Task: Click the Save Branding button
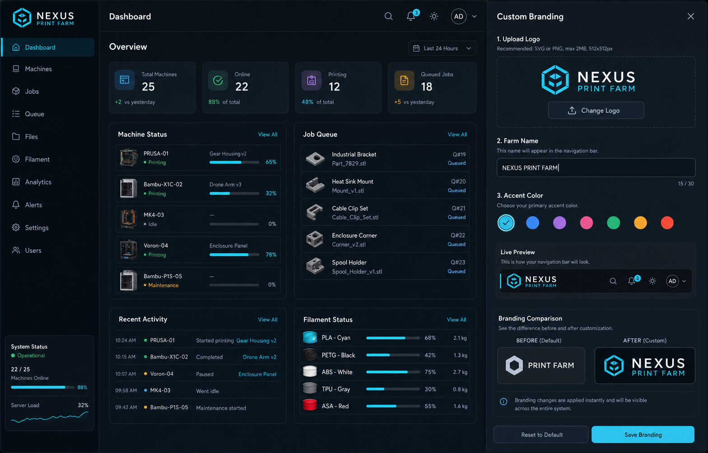coord(643,434)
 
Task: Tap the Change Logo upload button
coord(596,110)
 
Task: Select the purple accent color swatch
coord(559,223)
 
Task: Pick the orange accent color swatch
coord(640,223)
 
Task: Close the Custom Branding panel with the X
coord(691,16)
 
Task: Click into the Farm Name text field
coord(596,168)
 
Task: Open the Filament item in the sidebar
coord(37,159)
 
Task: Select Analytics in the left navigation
coord(38,182)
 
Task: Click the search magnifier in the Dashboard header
coord(388,16)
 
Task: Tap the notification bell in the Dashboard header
coord(410,16)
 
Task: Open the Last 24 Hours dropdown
coord(442,48)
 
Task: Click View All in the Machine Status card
coord(268,134)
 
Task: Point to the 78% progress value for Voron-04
coord(271,254)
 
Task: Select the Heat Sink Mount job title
coord(352,182)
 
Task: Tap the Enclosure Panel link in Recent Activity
coord(257,374)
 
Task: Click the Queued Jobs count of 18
coord(426,87)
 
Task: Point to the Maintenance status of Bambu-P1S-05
coord(163,285)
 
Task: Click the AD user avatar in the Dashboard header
coord(458,16)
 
